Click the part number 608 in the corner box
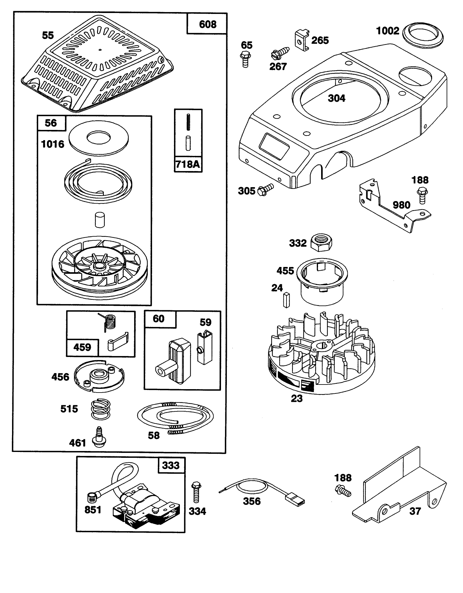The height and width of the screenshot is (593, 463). pos(208,24)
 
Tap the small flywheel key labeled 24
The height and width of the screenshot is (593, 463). pos(287,299)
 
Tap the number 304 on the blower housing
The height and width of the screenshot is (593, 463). pos(337,98)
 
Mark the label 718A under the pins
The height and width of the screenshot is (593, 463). pos(188,164)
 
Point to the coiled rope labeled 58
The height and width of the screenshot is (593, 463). pos(175,418)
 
